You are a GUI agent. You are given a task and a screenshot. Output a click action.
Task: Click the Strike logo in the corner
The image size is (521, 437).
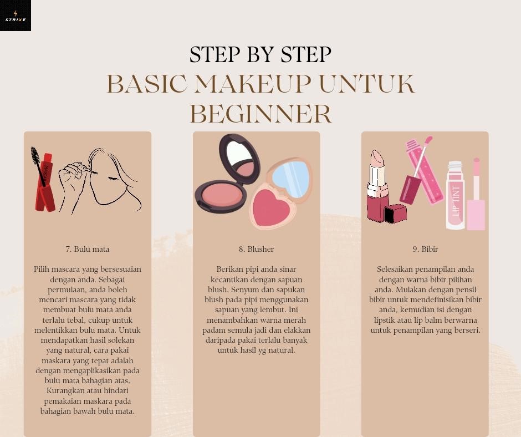[16, 16]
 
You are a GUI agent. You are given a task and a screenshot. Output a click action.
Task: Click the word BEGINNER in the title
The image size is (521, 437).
[260, 114]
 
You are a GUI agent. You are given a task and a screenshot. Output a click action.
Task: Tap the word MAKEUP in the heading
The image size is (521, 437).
[253, 84]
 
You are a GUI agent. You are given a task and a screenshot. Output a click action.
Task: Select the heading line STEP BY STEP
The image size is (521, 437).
[260, 54]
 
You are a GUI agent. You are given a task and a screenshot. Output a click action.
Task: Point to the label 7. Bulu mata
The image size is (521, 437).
[88, 249]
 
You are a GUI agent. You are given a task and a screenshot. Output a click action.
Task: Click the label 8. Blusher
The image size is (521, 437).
[256, 249]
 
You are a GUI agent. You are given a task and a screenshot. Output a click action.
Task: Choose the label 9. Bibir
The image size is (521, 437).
[425, 249]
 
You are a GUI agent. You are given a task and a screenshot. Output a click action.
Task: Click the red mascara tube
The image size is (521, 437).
[45, 182]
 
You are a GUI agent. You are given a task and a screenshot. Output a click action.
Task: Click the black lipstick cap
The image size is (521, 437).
[395, 214]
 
